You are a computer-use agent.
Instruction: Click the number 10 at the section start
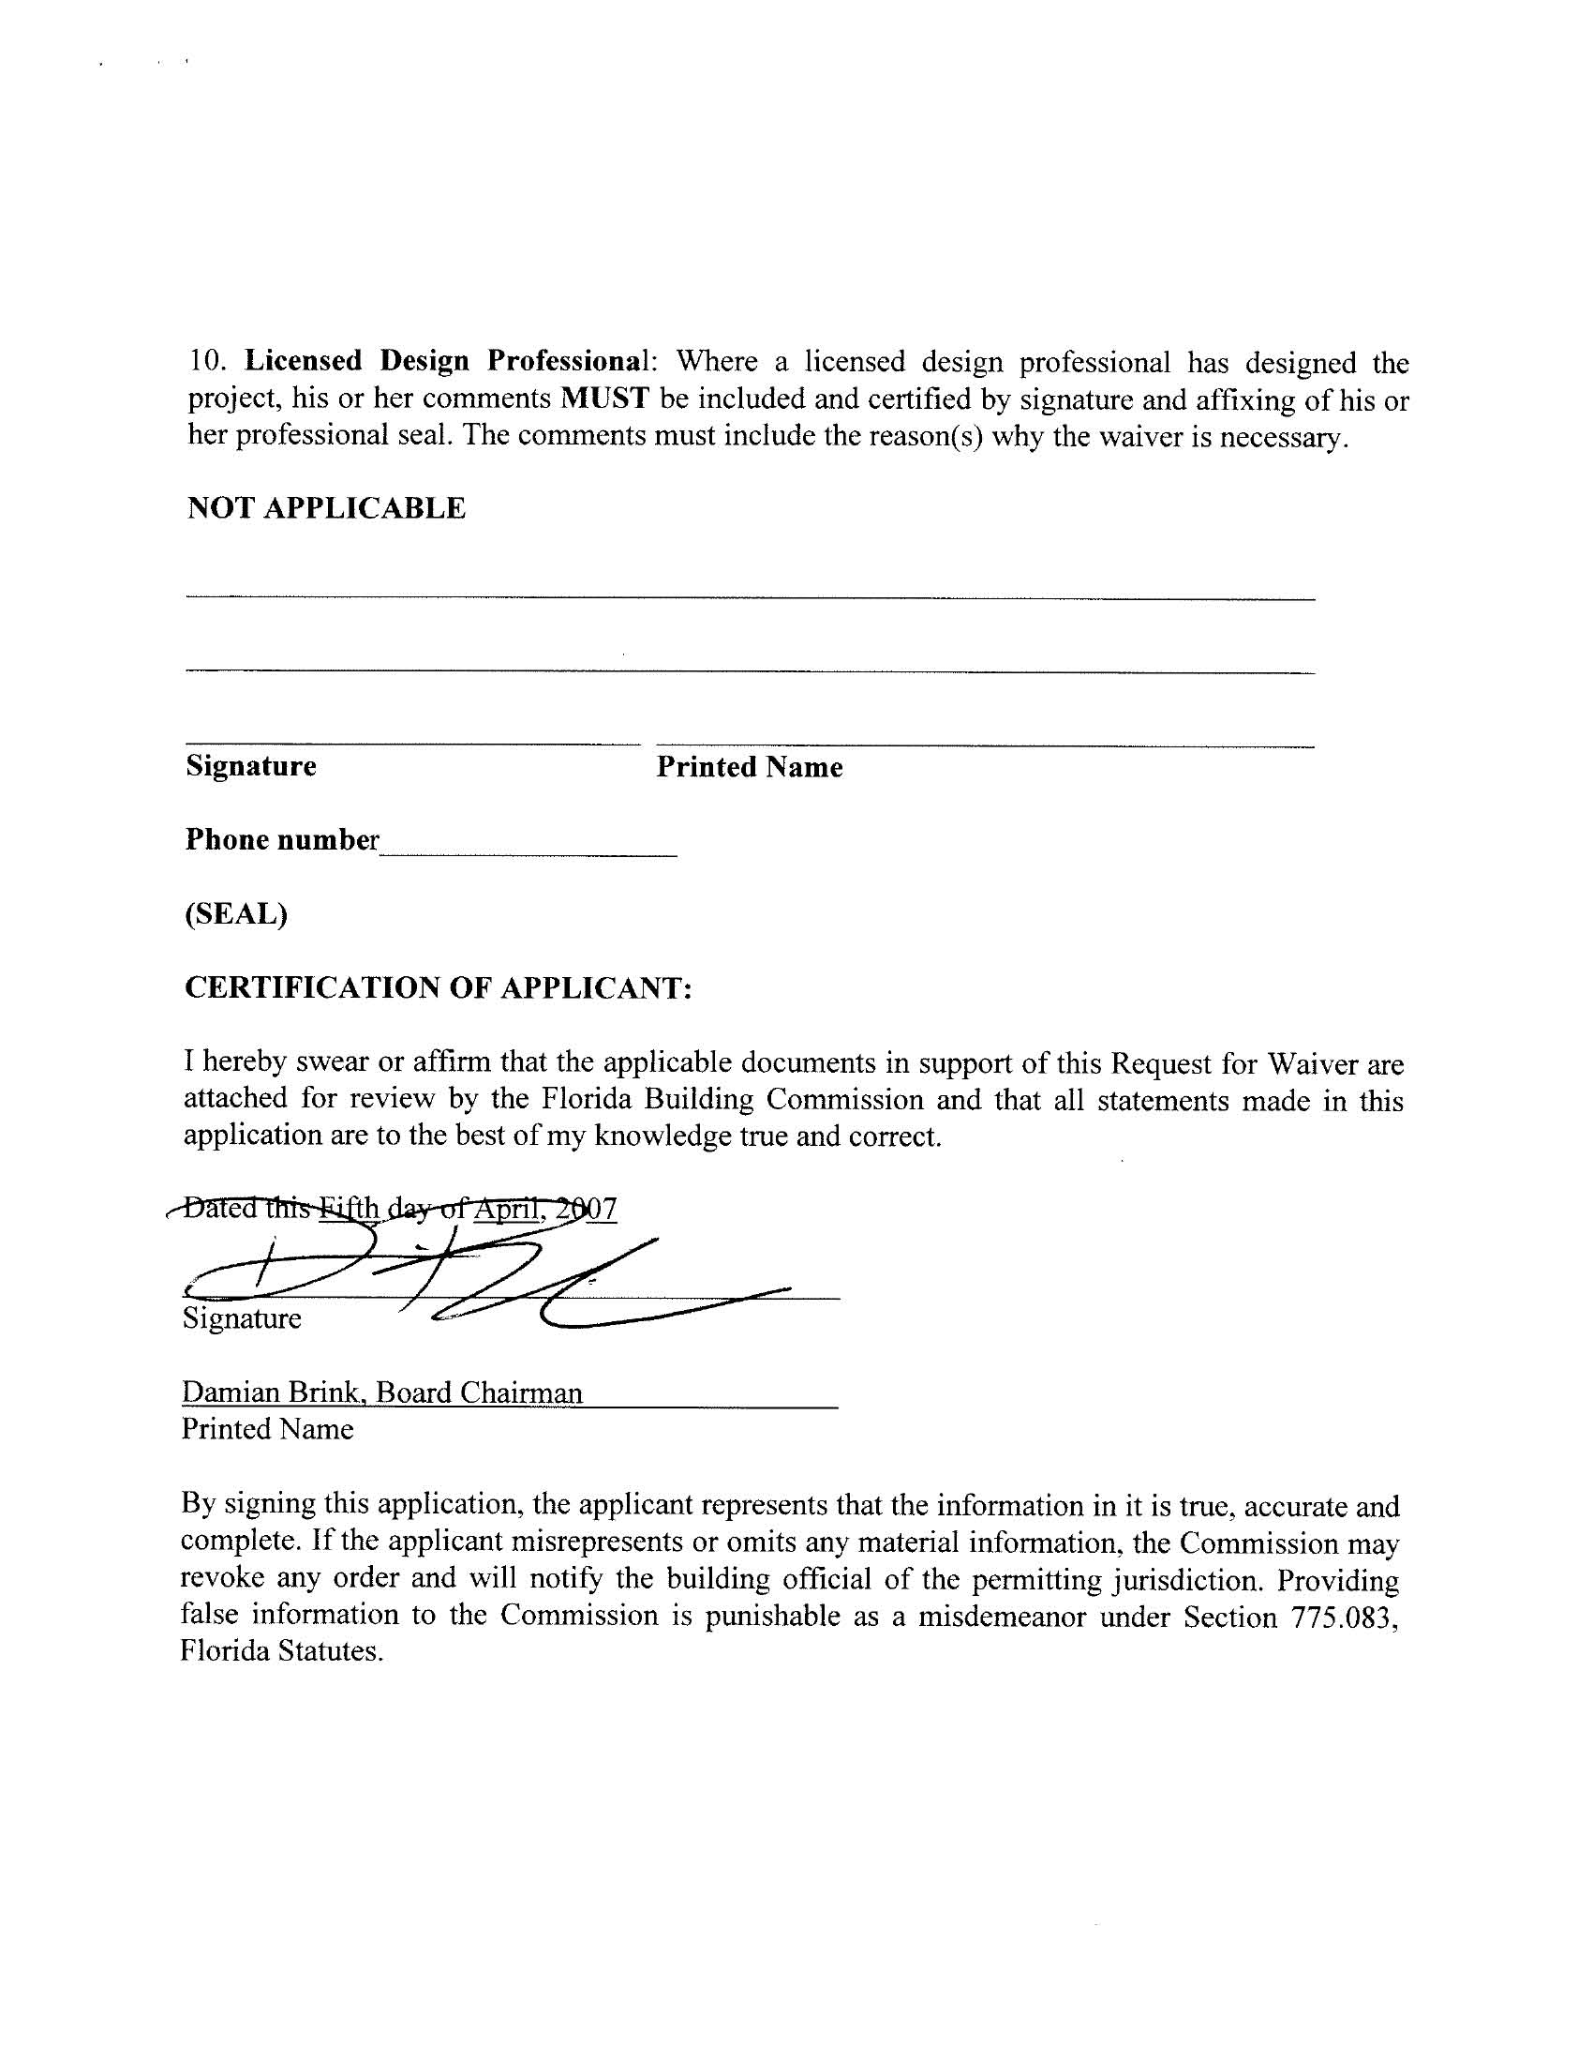(207, 361)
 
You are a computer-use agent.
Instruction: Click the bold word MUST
(605, 399)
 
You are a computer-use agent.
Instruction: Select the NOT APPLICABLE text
(325, 508)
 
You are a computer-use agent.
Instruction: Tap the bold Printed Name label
(750, 767)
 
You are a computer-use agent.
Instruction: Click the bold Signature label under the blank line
(251, 765)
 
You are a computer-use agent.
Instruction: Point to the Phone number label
(281, 839)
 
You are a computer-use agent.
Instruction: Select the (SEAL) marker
(236, 913)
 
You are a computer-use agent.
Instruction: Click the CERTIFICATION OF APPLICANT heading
(438, 987)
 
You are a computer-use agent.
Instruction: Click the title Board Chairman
(480, 1392)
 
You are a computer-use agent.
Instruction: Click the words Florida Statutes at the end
(280, 1651)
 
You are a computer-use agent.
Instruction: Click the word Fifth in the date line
(350, 1209)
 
